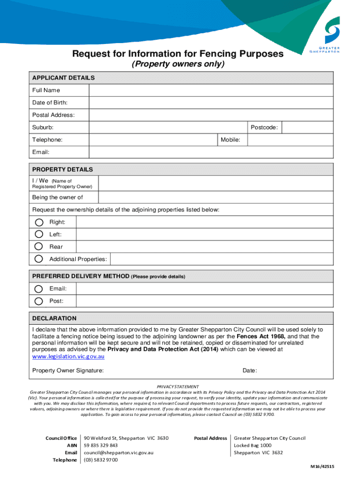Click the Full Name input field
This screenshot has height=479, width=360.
(210, 90)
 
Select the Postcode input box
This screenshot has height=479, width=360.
(308, 127)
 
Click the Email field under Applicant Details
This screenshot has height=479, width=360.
(210, 152)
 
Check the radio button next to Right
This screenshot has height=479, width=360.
(39, 222)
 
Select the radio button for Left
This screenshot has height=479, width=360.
(39, 234)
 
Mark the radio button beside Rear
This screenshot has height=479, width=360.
(39, 247)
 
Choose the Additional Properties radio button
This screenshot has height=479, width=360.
(39, 259)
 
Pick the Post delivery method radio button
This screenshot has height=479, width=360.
(39, 301)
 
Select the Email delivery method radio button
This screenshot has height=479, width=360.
(39, 289)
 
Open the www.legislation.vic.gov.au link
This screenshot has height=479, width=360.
(68, 356)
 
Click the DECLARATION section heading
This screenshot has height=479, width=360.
(54, 318)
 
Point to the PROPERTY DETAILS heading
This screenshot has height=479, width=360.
(63, 169)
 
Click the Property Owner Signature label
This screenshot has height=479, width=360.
(68, 370)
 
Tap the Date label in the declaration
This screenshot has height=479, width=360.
(249, 370)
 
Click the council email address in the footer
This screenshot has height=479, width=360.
(118, 452)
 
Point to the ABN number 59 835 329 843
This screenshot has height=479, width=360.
(101, 445)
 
